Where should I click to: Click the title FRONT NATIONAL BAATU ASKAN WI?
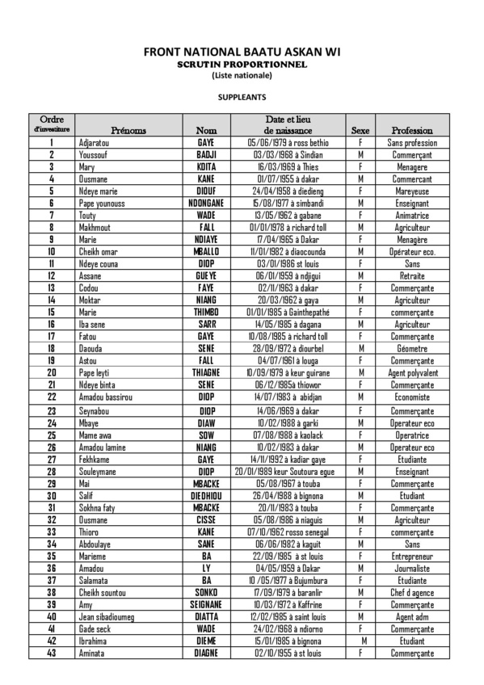click(242, 53)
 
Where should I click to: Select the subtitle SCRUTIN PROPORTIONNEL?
click(242, 65)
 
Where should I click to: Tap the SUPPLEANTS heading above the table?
click(242, 95)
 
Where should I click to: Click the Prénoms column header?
click(128, 130)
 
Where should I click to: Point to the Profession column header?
click(412, 130)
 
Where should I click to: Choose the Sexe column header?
click(360, 130)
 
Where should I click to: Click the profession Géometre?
click(412, 348)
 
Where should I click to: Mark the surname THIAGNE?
click(207, 372)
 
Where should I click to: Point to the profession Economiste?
click(412, 397)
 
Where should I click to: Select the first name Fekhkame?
click(95, 459)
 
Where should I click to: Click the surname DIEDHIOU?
click(207, 495)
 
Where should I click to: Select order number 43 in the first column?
click(52, 653)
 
